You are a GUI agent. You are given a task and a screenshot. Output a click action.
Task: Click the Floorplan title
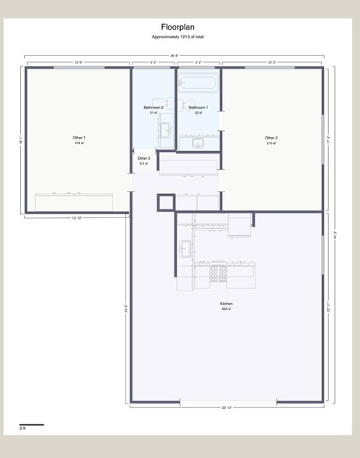tap(178, 27)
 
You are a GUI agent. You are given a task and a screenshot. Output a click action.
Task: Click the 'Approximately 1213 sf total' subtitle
tap(178, 37)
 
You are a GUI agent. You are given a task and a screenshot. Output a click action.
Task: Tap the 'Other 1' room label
tap(79, 138)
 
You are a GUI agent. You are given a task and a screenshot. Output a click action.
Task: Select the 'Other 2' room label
tap(271, 138)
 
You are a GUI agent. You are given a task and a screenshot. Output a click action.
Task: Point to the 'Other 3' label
tap(143, 159)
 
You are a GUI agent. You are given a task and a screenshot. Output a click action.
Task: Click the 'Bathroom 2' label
tap(154, 107)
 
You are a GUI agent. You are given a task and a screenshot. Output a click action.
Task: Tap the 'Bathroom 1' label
tap(198, 107)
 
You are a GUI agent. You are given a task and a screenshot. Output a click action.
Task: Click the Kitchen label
tap(226, 304)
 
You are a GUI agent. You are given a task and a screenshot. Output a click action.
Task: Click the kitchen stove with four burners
tap(218, 273)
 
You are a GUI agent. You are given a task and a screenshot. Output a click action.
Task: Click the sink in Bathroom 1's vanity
tap(198, 143)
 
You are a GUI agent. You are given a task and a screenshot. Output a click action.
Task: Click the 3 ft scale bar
tap(31, 425)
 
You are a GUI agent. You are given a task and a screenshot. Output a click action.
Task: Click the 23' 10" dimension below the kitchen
tap(227, 408)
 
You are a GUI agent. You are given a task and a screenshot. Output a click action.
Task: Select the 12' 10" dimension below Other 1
tap(78, 218)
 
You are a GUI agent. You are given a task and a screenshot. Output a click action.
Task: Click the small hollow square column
tap(164, 203)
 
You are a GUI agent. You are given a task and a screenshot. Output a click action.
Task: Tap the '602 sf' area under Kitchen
tap(226, 309)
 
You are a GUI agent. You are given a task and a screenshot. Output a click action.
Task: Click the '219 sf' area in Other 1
tap(79, 143)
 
